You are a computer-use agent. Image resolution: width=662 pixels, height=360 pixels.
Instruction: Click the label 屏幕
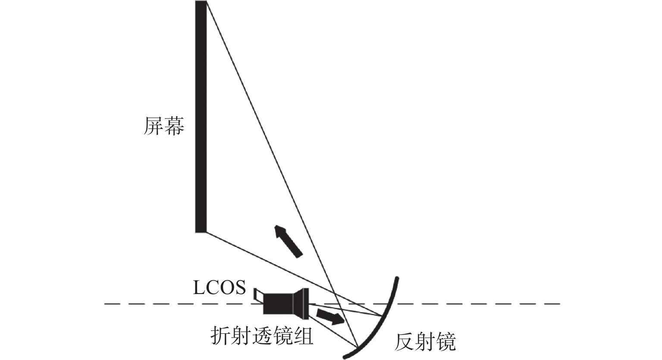click(164, 126)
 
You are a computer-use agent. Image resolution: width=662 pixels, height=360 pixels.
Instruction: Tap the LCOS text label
click(219, 287)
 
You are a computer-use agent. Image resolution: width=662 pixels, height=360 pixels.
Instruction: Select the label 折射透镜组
click(262, 335)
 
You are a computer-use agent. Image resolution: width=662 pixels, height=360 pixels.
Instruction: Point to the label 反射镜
click(425, 342)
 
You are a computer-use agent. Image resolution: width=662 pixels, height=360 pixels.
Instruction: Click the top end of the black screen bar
click(201, 1)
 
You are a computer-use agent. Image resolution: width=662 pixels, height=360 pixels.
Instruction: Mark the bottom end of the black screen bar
click(201, 232)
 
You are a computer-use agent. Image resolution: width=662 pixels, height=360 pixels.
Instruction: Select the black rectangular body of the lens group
click(278, 304)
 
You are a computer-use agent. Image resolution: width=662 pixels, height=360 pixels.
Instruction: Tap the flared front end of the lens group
click(301, 304)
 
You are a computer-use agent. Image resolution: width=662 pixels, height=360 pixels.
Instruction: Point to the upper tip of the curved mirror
click(397, 278)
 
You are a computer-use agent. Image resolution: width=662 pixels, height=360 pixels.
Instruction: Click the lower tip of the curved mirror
click(345, 357)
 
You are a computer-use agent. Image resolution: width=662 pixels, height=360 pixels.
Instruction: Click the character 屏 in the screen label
click(154, 126)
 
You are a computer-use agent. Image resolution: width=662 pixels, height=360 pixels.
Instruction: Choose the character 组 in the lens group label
click(304, 335)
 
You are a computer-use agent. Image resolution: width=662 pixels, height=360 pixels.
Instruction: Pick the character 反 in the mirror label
click(404, 342)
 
